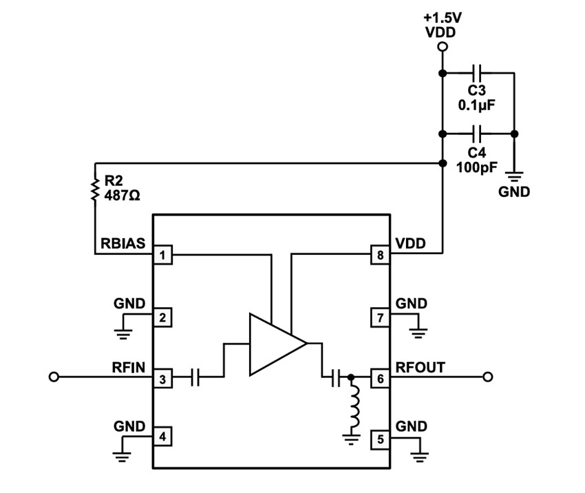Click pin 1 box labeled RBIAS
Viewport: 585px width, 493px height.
pos(162,256)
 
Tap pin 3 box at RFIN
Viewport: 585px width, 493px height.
pos(162,377)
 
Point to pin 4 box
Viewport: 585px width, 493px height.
pos(162,437)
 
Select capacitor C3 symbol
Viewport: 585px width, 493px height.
pos(478,72)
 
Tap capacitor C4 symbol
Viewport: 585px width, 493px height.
pos(478,133)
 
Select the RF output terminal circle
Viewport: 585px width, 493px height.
pos(488,377)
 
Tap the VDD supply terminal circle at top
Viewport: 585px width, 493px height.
pos(443,47)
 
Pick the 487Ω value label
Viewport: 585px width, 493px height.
pos(122,196)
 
